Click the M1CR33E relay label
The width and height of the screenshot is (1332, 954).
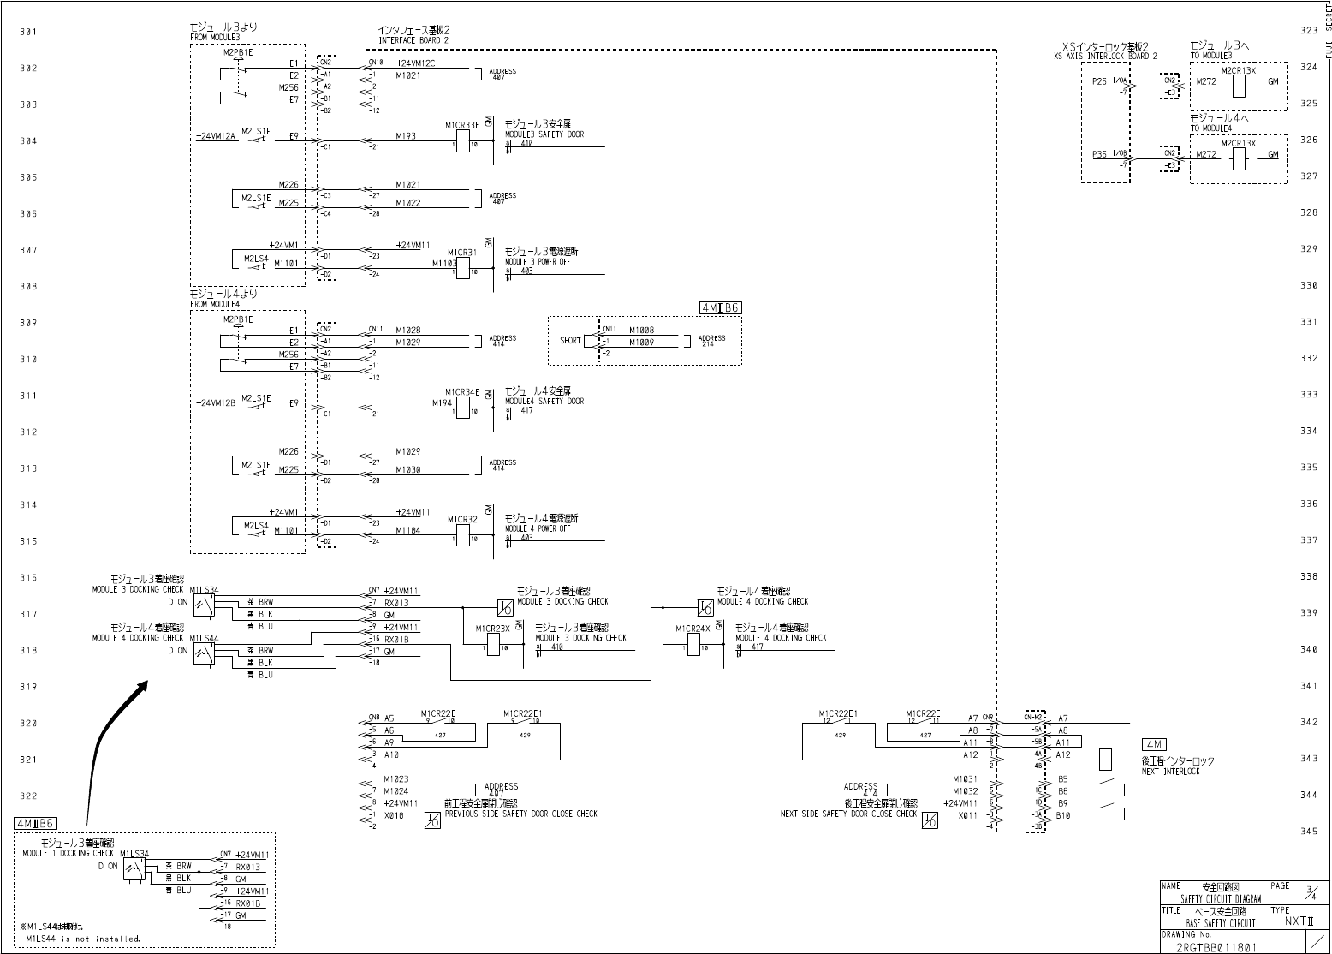(x=462, y=126)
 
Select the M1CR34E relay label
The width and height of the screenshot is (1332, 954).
(x=462, y=392)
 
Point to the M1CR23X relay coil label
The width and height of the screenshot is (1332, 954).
(x=492, y=629)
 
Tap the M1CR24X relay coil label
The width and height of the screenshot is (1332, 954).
(x=693, y=629)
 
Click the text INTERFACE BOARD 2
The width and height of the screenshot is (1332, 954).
(x=413, y=40)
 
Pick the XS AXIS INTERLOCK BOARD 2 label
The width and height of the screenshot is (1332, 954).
(x=1105, y=57)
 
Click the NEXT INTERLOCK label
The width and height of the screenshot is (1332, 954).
(x=1170, y=772)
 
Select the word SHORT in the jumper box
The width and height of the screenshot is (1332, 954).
(x=570, y=341)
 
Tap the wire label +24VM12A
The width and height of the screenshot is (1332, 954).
(x=215, y=136)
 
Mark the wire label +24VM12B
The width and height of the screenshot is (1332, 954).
(x=215, y=402)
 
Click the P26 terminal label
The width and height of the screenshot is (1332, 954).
(x=1099, y=82)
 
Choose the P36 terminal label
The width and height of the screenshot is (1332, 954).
(x=1099, y=155)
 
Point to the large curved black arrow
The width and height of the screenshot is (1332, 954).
(x=103, y=736)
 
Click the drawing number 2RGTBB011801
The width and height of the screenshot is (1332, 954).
(x=1216, y=947)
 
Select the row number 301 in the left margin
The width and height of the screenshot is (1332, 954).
(x=28, y=32)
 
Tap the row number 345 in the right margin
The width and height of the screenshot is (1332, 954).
(x=1308, y=831)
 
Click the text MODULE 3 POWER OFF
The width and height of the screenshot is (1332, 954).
(x=538, y=262)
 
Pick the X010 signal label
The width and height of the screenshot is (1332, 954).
(x=395, y=816)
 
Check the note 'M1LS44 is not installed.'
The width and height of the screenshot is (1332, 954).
(x=83, y=939)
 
